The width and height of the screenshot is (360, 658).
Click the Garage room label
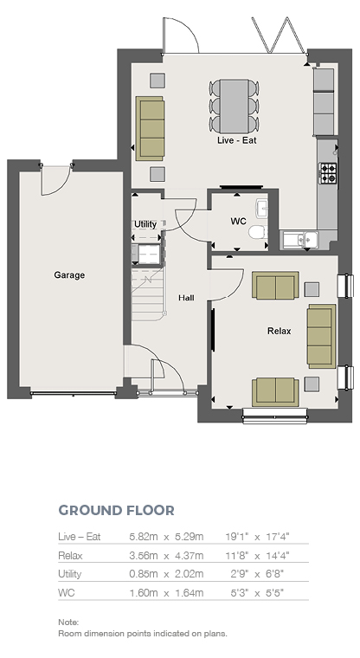point(69,275)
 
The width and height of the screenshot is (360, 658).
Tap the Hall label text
point(186,298)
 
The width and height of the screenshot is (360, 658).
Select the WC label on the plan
point(238,221)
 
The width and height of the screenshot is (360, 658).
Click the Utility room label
point(145,224)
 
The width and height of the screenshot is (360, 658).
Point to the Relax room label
point(279,331)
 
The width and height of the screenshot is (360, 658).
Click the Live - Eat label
point(236,140)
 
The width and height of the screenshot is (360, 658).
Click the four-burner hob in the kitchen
point(328,173)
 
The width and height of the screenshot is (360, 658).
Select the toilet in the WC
point(258,232)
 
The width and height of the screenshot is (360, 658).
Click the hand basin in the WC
point(262,209)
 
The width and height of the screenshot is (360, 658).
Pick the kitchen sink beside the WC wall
point(300,239)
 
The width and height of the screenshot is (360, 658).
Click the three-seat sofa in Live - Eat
point(150,128)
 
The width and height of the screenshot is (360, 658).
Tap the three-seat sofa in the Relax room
point(321,336)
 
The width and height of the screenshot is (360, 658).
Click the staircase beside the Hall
point(147,294)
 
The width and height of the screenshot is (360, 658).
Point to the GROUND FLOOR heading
point(116,510)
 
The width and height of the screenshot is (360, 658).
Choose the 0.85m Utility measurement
point(144,574)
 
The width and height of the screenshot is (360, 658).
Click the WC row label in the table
point(67,592)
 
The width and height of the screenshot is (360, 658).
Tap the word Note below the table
point(68,622)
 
